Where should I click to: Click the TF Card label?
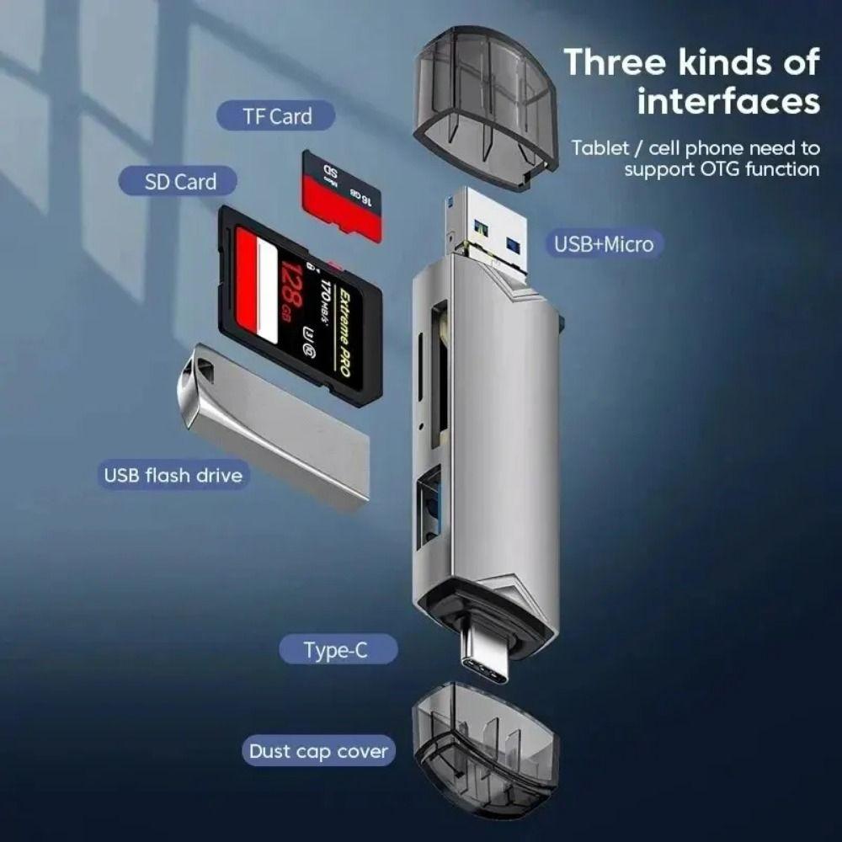(x=277, y=116)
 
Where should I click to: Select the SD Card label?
(x=179, y=181)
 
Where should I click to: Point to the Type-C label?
(x=336, y=650)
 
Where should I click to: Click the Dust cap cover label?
(x=318, y=751)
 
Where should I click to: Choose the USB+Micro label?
(x=603, y=244)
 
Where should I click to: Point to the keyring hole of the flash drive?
(x=195, y=369)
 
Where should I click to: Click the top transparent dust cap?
(x=485, y=105)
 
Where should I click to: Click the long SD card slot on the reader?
(x=439, y=375)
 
